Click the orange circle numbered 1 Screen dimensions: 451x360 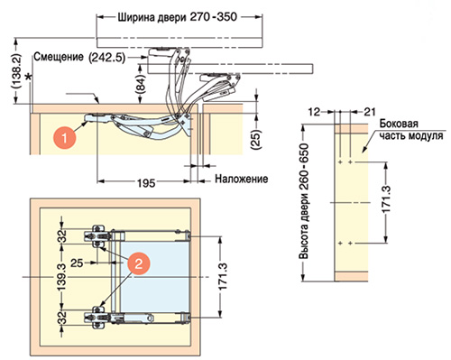pos(64,138)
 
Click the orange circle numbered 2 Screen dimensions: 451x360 pos(138,263)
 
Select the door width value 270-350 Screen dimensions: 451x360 pos(214,17)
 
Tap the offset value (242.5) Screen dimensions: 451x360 pos(107,58)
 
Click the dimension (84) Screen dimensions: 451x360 pos(141,85)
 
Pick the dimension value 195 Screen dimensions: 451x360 pos(146,182)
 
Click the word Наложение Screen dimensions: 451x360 pos(241,179)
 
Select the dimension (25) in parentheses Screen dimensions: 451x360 pos(256,140)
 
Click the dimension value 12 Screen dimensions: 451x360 pos(314,112)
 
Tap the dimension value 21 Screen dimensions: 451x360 pos(370,112)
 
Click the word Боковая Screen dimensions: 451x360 pos(399,124)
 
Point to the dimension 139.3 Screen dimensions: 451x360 pos(61,276)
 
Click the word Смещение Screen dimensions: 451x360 pos(59,57)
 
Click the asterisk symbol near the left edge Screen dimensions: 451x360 pos(29,78)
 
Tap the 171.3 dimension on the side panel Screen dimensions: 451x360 pos(386,199)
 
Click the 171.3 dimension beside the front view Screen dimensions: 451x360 pos(223,277)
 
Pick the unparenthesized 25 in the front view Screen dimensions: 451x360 pos(77,263)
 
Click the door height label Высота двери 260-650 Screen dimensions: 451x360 pos(304,201)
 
